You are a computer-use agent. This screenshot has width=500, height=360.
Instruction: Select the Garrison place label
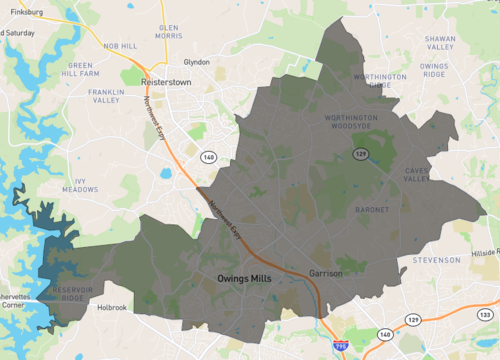point(327,273)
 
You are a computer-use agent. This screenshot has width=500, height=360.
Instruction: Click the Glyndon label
point(196,62)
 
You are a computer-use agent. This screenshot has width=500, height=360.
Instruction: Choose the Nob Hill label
point(119,46)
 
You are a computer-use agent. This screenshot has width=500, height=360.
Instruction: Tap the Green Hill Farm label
point(83,69)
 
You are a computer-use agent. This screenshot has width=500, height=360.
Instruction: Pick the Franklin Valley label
point(106,97)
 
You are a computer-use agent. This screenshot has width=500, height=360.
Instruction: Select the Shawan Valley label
point(440,42)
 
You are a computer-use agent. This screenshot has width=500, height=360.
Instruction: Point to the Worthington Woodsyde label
point(350,122)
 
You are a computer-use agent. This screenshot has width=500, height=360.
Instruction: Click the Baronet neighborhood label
point(371,209)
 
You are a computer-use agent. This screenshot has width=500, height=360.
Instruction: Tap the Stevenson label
point(437,260)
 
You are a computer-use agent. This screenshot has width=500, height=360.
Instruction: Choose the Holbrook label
point(110,308)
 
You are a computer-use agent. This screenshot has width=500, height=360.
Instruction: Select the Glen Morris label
point(168,32)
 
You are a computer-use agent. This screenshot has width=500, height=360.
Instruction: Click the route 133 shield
point(486,315)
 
